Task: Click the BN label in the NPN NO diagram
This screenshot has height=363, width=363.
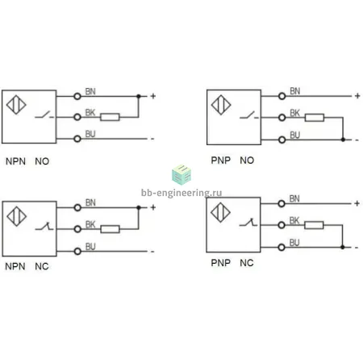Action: (90, 91)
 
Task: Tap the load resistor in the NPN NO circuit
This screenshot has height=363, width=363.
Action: (110, 117)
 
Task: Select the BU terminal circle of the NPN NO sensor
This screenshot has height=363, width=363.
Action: (77, 139)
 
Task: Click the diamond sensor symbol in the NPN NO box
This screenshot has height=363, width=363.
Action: (16, 105)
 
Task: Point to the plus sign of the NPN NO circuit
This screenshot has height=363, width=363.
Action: (153, 96)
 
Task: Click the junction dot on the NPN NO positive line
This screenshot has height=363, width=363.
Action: (139, 96)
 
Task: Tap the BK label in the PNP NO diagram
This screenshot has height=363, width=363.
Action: (294, 113)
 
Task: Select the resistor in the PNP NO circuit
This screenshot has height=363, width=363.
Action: (315, 118)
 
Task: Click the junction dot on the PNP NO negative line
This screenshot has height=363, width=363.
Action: (343, 140)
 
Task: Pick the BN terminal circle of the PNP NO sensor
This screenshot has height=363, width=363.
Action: (282, 96)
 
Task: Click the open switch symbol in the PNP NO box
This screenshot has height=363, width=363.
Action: (249, 115)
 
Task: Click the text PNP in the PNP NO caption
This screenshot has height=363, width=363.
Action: (220, 161)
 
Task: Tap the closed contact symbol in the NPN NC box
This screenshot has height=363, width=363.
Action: (44, 226)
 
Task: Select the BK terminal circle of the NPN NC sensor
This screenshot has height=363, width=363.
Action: (77, 229)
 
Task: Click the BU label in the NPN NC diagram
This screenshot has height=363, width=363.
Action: (90, 247)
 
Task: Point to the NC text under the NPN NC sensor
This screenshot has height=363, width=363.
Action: (42, 266)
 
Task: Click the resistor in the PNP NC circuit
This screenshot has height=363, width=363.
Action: (314, 225)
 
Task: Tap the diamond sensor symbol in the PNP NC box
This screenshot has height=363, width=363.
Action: (220, 212)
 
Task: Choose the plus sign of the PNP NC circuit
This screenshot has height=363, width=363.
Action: (357, 203)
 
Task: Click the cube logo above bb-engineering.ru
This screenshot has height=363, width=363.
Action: (181, 174)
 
